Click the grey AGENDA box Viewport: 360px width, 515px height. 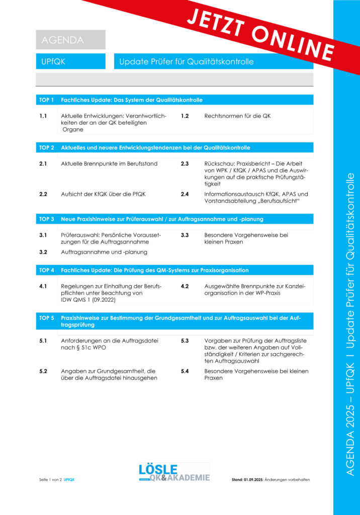coord(70,40)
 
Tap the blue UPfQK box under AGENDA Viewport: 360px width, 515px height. coord(70,62)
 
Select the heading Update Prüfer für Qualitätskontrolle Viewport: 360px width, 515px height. coord(187,62)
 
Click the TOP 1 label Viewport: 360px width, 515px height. coord(47,100)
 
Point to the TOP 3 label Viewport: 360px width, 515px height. coord(47,219)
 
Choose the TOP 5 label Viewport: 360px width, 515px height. coord(47,318)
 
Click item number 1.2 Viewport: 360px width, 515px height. coord(185,116)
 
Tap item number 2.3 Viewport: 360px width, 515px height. coord(185,164)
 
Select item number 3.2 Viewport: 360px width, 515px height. coord(43,252)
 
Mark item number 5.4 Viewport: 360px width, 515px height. coord(185,371)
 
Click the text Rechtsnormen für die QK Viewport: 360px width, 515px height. coord(237,116)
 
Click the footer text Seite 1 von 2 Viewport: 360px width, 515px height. coord(50,480)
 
